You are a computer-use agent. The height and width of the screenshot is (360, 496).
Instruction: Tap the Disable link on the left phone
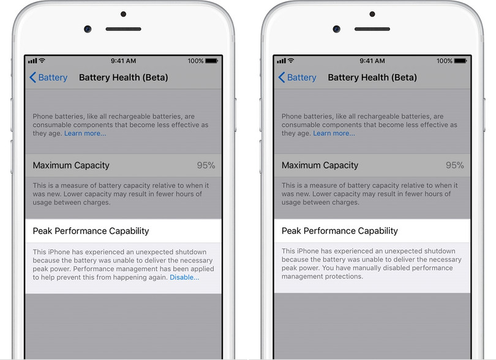(x=184, y=277)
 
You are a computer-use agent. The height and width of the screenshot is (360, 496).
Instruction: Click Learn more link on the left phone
(x=85, y=133)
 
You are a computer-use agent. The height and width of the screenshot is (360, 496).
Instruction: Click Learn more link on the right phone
(x=334, y=133)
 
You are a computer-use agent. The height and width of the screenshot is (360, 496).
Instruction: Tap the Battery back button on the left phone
(x=48, y=78)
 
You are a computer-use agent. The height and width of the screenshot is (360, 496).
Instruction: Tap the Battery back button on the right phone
(x=297, y=78)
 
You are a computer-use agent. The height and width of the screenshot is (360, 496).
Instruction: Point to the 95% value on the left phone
(x=206, y=165)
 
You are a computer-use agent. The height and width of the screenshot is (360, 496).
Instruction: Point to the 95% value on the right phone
(x=454, y=165)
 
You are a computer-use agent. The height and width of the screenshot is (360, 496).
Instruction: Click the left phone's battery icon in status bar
(x=211, y=61)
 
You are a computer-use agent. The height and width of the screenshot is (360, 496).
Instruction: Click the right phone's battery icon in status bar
(x=460, y=61)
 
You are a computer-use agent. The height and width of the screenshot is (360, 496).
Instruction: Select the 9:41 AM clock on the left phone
(x=123, y=61)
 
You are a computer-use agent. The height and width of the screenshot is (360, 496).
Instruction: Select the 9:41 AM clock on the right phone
(x=372, y=61)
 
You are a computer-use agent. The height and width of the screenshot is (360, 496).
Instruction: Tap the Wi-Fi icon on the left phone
(x=42, y=61)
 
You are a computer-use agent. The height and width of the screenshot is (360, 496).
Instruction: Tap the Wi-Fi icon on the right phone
(x=290, y=61)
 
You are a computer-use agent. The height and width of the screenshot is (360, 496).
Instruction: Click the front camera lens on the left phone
(x=88, y=29)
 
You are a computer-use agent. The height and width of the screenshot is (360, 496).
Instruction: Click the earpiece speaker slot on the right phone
(x=372, y=29)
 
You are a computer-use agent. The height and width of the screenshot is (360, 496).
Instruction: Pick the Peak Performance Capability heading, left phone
(x=91, y=231)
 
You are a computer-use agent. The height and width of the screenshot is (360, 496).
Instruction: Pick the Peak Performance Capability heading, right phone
(x=339, y=231)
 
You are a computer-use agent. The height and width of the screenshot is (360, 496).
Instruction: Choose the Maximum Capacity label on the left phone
(x=71, y=165)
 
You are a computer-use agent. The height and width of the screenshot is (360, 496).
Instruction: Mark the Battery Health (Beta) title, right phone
(x=372, y=78)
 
